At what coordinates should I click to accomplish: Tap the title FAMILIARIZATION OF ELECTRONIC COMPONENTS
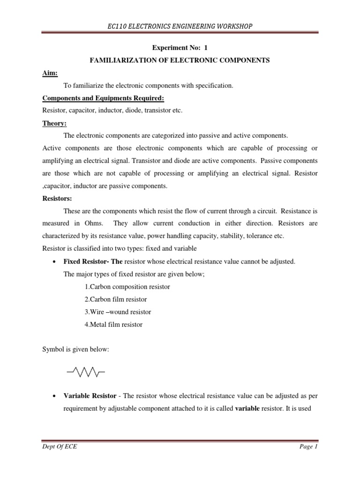pyautogui.click(x=180, y=61)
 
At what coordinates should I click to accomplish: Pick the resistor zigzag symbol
pyautogui.click(x=85, y=373)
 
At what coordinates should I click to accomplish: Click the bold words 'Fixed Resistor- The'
pyautogui.click(x=89, y=261)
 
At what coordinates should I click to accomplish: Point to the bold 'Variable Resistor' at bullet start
pyautogui.click(x=90, y=396)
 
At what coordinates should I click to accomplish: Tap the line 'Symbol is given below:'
pyautogui.click(x=75, y=350)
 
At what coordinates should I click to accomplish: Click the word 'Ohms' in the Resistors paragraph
pyautogui.click(x=95, y=224)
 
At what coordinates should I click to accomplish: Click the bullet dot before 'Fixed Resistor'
pyautogui.click(x=56, y=262)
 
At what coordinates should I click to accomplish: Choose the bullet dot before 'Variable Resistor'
pyautogui.click(x=56, y=397)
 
